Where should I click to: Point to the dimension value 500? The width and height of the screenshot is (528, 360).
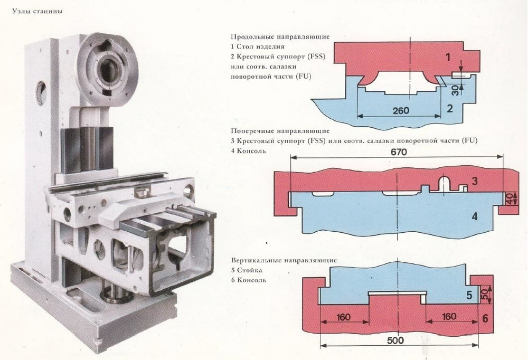point(395,340)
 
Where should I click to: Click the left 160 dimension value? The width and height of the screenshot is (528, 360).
point(344,317)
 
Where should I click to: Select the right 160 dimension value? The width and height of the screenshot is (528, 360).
point(449,317)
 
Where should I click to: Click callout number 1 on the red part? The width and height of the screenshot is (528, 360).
point(448,57)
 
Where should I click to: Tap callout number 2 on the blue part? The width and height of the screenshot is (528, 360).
point(450,109)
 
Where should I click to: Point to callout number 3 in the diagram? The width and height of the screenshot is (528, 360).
point(475,182)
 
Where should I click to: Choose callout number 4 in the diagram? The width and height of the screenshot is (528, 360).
point(474,216)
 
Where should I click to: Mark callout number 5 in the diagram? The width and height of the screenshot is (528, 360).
point(469,295)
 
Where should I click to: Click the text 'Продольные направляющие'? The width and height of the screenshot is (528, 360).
point(280,37)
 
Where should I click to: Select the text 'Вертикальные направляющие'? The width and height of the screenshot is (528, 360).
point(284,261)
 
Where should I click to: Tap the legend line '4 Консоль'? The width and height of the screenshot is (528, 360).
point(248,151)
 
